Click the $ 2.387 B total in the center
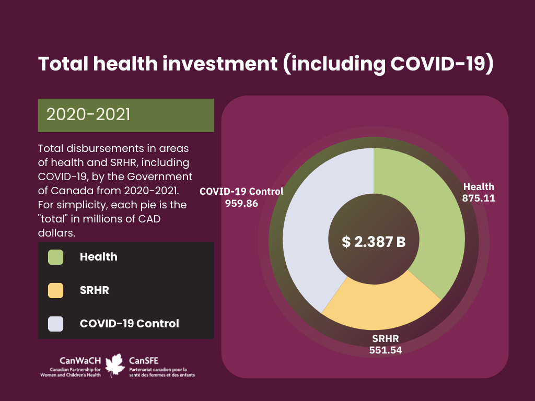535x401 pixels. point(374,242)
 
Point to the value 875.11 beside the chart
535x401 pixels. point(479,198)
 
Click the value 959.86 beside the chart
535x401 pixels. point(241,204)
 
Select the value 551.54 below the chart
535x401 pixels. point(386,350)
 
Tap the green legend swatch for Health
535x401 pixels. point(55,257)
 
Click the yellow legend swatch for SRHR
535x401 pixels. point(55,290)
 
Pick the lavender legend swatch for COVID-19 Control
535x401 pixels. point(55,324)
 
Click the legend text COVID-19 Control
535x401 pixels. point(130,324)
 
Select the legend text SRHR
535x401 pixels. point(95,290)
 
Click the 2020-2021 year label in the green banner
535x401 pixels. point(88,114)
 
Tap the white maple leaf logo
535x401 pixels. point(114,365)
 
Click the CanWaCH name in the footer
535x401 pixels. point(80,361)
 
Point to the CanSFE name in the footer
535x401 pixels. point(144,361)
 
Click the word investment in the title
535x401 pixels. point(220,64)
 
